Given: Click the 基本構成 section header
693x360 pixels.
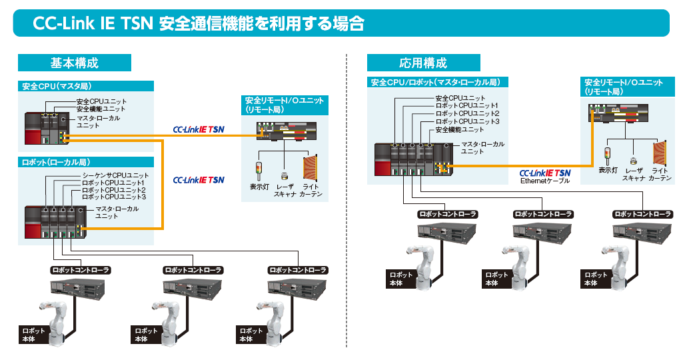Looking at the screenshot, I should click(74, 63).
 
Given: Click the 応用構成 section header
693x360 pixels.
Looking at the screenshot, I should click(422, 63).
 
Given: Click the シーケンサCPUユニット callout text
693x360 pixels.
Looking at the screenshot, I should click(111, 175).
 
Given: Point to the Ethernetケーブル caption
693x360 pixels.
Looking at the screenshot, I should click(544, 181).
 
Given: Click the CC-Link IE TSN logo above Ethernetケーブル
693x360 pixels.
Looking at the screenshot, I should click(544, 172).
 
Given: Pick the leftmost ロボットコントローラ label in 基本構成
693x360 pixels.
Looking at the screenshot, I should click(81, 270).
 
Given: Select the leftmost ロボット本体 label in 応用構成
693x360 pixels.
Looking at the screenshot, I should click(402, 279).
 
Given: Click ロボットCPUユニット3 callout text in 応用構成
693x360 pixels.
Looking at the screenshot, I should click(467, 121).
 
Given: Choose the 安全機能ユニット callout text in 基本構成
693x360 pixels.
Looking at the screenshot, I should click(101, 109).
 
